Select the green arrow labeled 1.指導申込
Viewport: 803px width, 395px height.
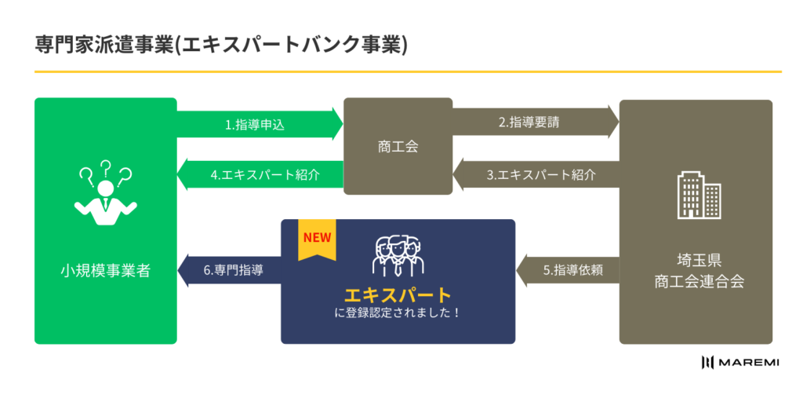click(x=259, y=124)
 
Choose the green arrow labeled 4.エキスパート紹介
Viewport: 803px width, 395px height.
click(x=259, y=175)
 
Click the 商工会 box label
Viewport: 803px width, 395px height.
click(x=398, y=146)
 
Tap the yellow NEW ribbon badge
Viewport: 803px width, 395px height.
click(x=317, y=240)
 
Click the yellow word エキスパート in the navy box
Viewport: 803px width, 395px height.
click(x=398, y=295)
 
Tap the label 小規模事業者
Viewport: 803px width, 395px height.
click(x=105, y=272)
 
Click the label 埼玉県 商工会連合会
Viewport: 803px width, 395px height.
click(x=698, y=271)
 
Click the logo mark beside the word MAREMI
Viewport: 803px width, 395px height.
click(x=709, y=362)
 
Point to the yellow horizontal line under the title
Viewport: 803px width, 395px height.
click(x=408, y=72)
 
